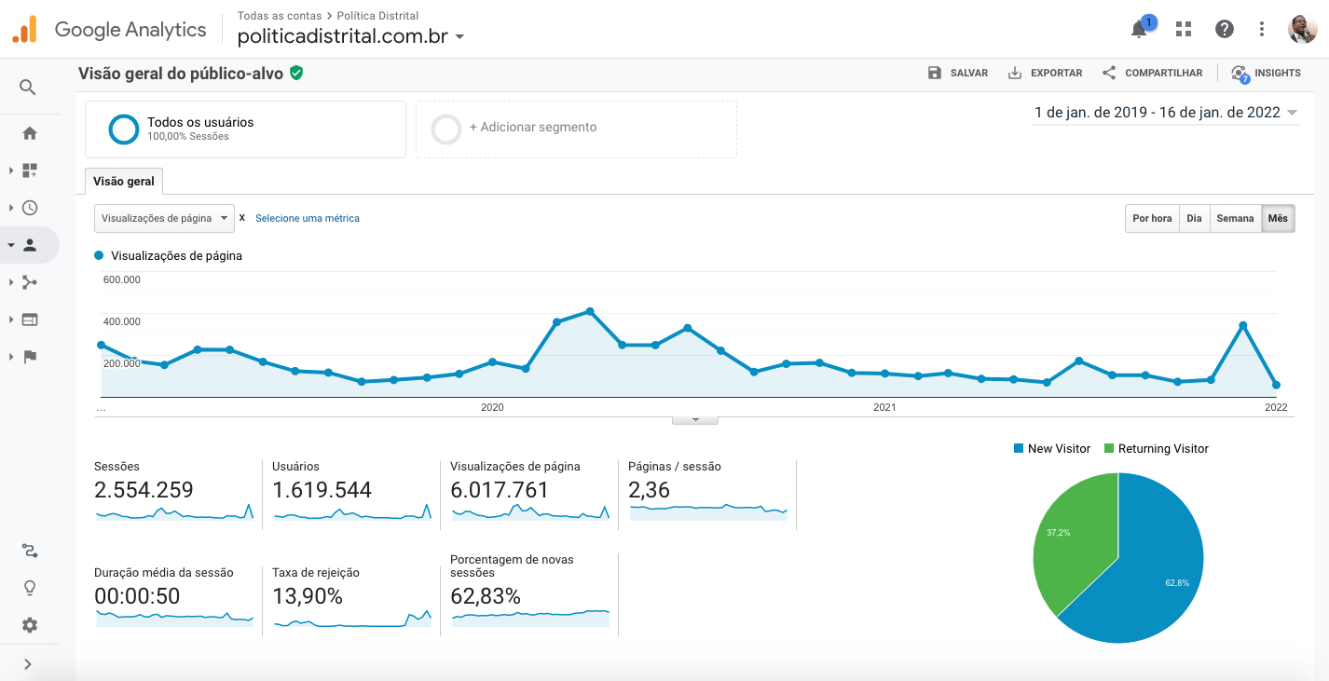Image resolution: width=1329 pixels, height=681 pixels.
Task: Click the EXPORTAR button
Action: [1045, 73]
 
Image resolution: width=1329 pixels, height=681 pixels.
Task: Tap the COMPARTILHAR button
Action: [1152, 73]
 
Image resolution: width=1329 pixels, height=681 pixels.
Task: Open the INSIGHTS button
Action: [1266, 73]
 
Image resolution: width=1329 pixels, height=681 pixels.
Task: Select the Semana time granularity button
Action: [1235, 218]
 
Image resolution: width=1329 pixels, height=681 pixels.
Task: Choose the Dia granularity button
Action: [1194, 218]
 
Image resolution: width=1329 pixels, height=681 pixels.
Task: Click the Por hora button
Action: [1152, 218]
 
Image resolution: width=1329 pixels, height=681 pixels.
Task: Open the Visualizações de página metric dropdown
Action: [164, 218]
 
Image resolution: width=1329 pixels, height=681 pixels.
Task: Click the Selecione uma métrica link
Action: [308, 218]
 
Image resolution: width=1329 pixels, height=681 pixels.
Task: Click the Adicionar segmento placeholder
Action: [532, 128]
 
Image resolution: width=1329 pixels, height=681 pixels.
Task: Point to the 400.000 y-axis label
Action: [122, 321]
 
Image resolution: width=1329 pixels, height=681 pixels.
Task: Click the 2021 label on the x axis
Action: [884, 407]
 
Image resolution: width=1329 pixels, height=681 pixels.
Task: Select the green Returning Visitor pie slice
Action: [1072, 540]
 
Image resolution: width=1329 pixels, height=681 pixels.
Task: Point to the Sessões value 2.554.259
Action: [144, 490]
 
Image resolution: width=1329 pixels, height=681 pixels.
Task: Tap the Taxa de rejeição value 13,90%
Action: [308, 596]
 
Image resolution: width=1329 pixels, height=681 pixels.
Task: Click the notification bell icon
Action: [1139, 30]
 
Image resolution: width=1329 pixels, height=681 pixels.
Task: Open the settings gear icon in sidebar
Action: [30, 625]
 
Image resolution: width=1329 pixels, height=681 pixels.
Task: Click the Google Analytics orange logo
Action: [24, 30]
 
